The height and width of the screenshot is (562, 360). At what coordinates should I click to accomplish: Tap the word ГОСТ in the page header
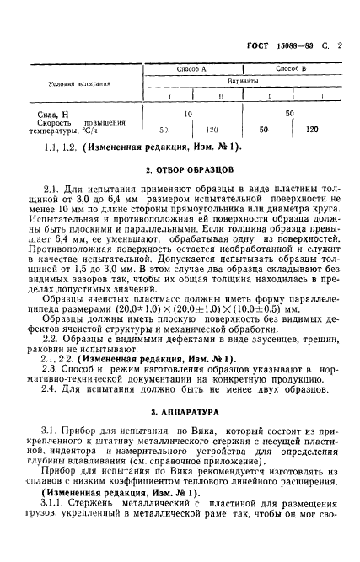pos(253,24)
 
